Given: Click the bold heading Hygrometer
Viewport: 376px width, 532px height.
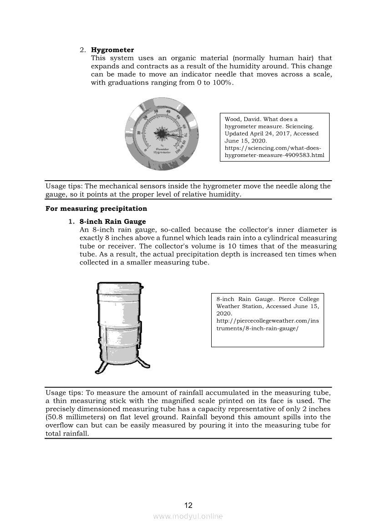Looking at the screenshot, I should [112, 50].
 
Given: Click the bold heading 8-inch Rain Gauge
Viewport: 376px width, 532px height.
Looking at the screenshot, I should [112, 222].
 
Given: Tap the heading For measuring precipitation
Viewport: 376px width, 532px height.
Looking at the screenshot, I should [97, 208].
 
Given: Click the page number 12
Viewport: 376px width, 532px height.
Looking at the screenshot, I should [188, 505].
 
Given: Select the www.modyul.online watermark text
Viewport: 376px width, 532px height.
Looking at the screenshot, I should [188, 516].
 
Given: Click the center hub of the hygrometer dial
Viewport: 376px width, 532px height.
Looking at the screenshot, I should [163, 133].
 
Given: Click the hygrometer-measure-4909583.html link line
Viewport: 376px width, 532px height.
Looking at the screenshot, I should [274, 155].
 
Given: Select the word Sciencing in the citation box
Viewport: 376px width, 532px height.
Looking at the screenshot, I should [301, 126].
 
